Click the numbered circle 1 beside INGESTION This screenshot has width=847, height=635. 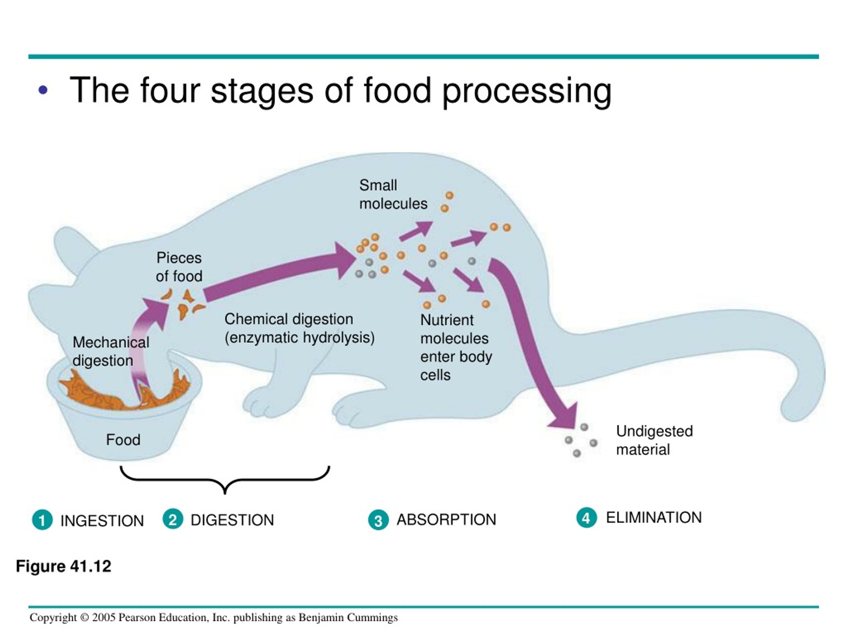pyautogui.click(x=42, y=520)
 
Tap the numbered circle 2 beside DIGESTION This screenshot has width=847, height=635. pyautogui.click(x=173, y=519)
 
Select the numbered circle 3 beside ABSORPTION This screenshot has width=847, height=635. pyautogui.click(x=378, y=520)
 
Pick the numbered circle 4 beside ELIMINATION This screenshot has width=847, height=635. pyautogui.click(x=586, y=518)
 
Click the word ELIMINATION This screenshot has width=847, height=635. pyautogui.click(x=654, y=518)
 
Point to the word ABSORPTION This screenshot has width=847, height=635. pyautogui.click(x=446, y=519)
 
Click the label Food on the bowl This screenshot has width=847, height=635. pyautogui.click(x=123, y=440)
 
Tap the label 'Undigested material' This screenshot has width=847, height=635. pyautogui.click(x=654, y=440)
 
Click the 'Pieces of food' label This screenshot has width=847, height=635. pyautogui.click(x=179, y=267)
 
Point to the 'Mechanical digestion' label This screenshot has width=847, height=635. pyautogui.click(x=111, y=351)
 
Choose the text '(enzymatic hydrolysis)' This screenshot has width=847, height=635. pyautogui.click(x=299, y=338)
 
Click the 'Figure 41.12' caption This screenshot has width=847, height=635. pyautogui.click(x=64, y=566)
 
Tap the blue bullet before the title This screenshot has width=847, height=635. pyautogui.click(x=43, y=90)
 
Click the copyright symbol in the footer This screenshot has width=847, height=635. pyautogui.click(x=85, y=617)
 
